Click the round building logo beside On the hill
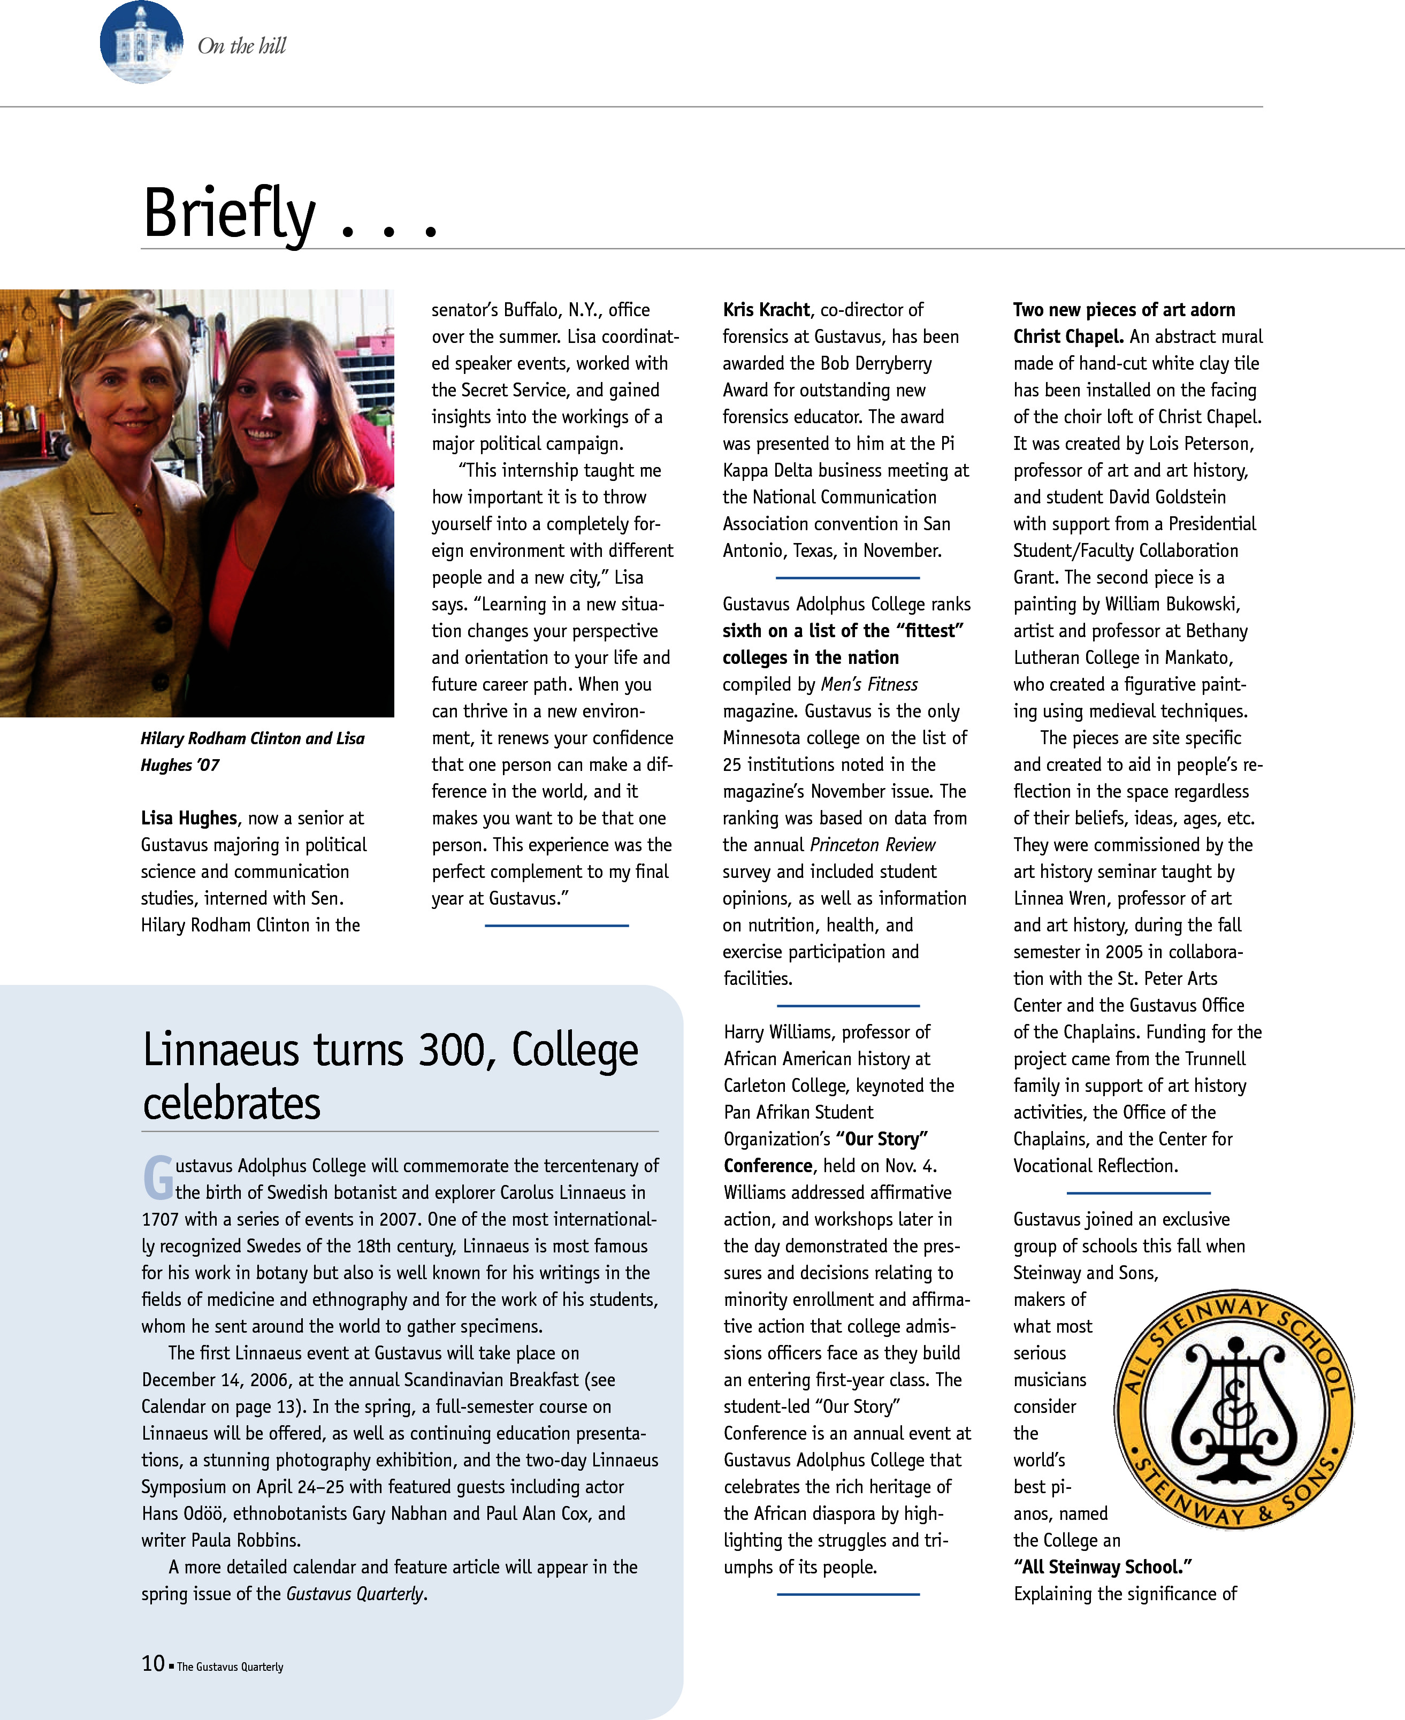click(141, 42)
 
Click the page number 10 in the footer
click(153, 1663)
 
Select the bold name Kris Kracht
click(766, 310)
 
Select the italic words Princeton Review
click(873, 845)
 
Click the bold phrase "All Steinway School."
click(1102, 1567)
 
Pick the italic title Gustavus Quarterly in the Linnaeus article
click(355, 1594)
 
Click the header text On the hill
click(241, 46)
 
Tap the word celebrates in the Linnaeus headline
click(232, 1104)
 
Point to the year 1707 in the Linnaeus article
click(161, 1220)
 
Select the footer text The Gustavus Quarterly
click(230, 1667)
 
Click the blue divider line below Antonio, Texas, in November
click(847, 578)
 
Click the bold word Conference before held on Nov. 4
click(767, 1166)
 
